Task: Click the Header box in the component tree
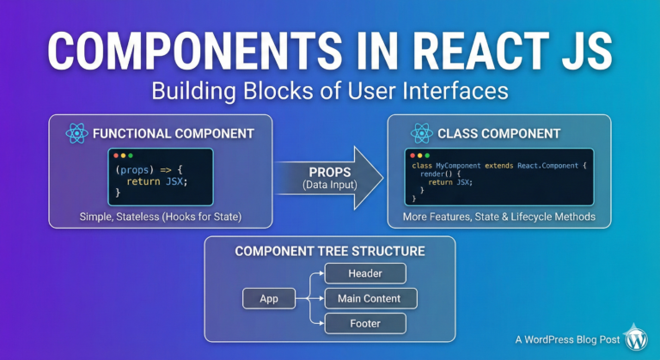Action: tap(365, 273)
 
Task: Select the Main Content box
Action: tap(370, 298)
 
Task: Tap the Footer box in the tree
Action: tap(365, 324)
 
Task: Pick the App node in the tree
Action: tap(269, 298)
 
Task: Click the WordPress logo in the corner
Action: tap(636, 338)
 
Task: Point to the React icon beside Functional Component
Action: tap(76, 133)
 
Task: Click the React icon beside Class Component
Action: tap(421, 133)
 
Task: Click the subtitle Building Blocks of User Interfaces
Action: tap(330, 90)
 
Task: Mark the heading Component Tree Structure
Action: tap(330, 251)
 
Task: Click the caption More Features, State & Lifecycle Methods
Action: tap(498, 217)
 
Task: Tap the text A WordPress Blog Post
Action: tap(567, 339)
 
